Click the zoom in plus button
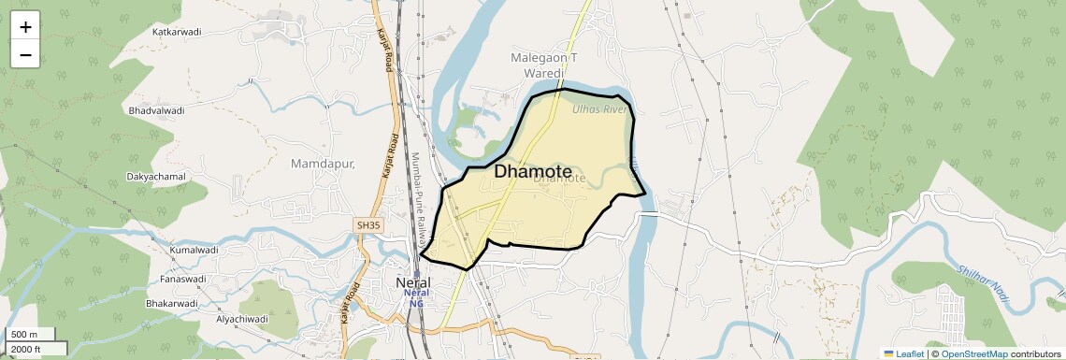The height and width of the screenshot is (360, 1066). pyautogui.click(x=25, y=26)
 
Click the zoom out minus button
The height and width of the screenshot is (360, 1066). pyautogui.click(x=25, y=54)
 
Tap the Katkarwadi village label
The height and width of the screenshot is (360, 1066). pyautogui.click(x=178, y=32)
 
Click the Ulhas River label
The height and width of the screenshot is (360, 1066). pyautogui.click(x=598, y=109)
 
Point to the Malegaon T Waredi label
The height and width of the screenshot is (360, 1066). pyautogui.click(x=543, y=65)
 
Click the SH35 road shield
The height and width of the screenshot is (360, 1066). pyautogui.click(x=368, y=225)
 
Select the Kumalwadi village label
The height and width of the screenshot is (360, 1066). pyautogui.click(x=194, y=251)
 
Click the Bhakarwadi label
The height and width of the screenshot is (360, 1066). pyautogui.click(x=171, y=303)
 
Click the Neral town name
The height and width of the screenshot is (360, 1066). pyautogui.click(x=413, y=281)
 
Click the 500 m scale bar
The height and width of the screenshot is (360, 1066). pyautogui.click(x=31, y=334)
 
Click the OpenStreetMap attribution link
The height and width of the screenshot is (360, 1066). pyautogui.click(x=973, y=353)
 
